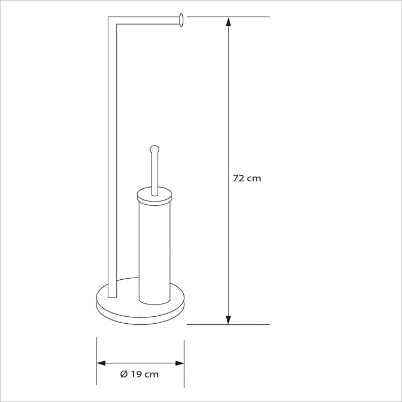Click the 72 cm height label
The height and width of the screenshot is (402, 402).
(x=247, y=178)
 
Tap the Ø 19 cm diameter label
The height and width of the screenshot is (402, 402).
(x=139, y=374)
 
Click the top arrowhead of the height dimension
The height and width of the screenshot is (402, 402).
(x=228, y=21)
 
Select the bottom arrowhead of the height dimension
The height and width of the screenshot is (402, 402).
(x=228, y=319)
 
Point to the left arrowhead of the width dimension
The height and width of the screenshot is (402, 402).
(x=101, y=363)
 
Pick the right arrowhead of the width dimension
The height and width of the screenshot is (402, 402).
(x=180, y=363)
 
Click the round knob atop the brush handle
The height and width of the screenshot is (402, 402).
(x=154, y=149)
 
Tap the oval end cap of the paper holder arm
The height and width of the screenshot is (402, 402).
(x=181, y=20)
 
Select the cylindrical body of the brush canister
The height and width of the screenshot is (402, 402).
(x=154, y=254)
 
